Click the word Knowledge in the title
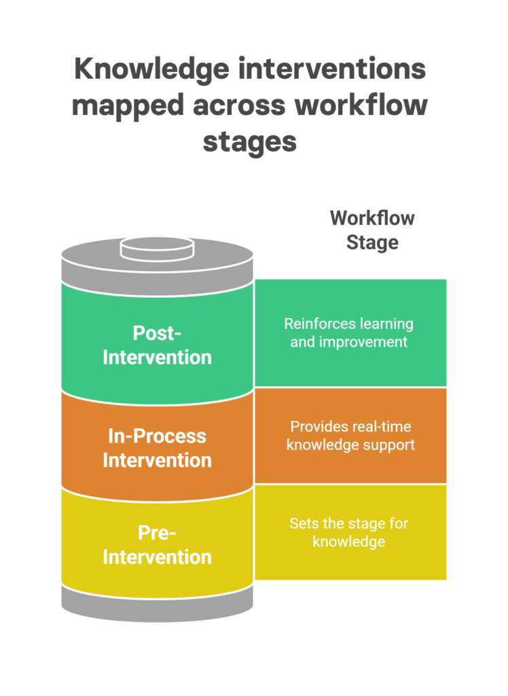click(x=151, y=70)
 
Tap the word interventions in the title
click(x=332, y=69)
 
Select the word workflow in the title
click(x=361, y=105)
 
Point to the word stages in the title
click(x=250, y=143)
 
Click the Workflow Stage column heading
click(x=372, y=230)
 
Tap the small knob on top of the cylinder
click(x=157, y=249)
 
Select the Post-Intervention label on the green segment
click(x=157, y=345)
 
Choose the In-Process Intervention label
click(x=157, y=449)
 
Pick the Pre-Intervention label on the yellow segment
click(x=157, y=545)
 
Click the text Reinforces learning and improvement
click(x=348, y=333)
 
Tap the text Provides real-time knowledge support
click(x=350, y=436)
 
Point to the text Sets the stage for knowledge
click(x=348, y=533)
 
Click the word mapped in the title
click(x=128, y=107)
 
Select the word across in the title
click(x=239, y=107)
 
